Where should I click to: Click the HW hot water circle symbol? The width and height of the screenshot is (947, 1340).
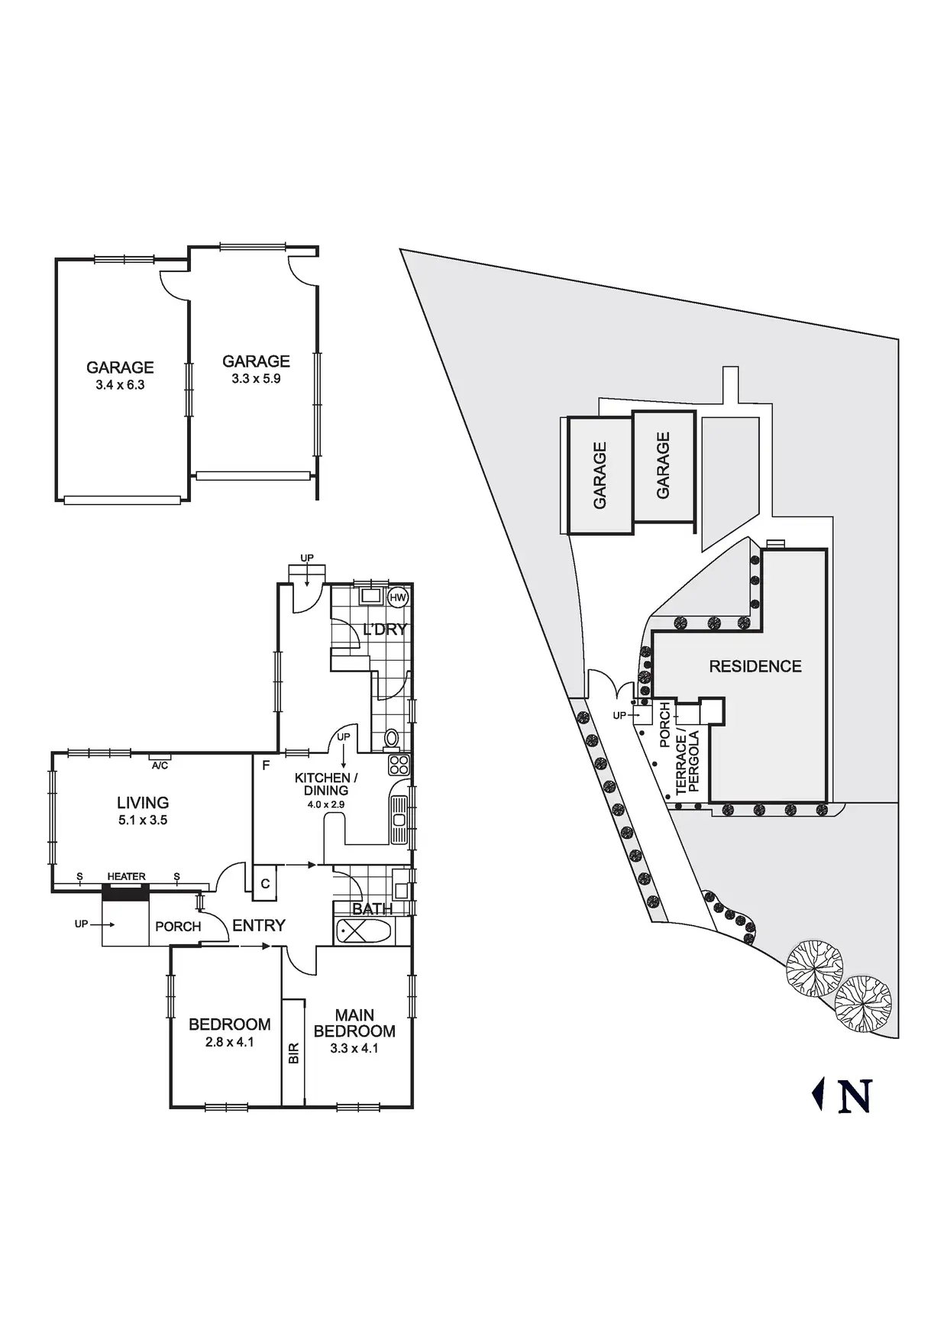[x=398, y=597]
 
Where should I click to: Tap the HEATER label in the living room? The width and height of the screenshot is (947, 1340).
[x=126, y=876]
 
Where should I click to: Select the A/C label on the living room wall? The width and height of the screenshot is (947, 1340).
[x=160, y=765]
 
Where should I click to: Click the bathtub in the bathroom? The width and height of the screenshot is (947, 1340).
[x=364, y=931]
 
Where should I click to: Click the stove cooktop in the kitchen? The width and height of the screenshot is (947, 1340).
[x=399, y=765]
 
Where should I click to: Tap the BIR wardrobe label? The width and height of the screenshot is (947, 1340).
[x=294, y=1054]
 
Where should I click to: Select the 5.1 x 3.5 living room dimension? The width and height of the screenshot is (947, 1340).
[x=143, y=821]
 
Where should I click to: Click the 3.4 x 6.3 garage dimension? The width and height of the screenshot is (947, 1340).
[x=120, y=385]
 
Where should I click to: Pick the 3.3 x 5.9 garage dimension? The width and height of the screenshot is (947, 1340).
[x=256, y=379]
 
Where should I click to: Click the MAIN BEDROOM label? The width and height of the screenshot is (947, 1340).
[x=354, y=1023]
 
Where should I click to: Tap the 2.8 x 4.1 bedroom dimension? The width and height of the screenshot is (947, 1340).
[x=230, y=1042]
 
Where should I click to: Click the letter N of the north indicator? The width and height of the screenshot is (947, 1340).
[x=855, y=1096]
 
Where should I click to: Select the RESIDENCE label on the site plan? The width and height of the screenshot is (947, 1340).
[x=755, y=666]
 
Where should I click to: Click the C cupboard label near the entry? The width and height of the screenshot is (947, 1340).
[x=265, y=884]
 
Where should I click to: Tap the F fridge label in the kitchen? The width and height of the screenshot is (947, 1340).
[x=266, y=765]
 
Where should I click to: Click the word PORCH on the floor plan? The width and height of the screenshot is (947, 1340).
[x=178, y=927]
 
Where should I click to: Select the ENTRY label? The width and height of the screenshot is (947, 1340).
[x=259, y=925]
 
